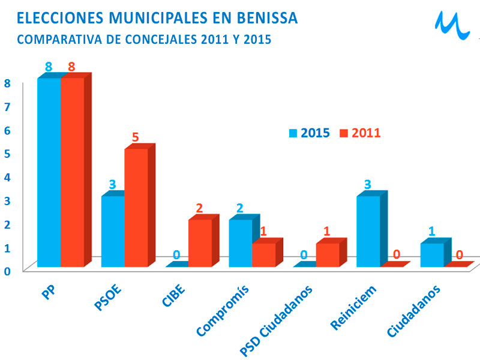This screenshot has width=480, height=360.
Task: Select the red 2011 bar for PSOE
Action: point(136,207)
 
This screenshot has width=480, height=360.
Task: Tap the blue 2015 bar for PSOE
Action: point(113,231)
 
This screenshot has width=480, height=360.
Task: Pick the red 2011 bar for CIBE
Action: point(200,242)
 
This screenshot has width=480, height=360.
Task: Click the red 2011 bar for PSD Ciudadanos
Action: point(328,254)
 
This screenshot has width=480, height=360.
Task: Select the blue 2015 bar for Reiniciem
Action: point(368,231)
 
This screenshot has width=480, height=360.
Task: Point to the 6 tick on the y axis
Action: point(8,130)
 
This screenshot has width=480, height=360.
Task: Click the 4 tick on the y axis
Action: point(8,176)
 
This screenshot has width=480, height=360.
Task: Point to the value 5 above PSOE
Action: point(136,137)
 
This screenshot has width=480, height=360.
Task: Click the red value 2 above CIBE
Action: point(199,209)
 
